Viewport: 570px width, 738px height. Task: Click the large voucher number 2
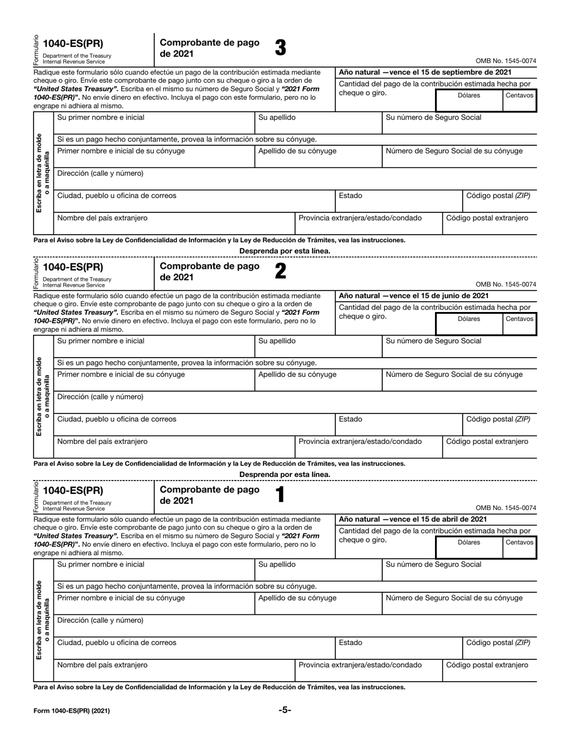(280, 272)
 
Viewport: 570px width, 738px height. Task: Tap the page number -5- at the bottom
(284, 710)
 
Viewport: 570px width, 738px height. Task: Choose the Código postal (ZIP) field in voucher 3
(498, 201)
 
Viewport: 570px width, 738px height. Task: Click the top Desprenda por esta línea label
(284, 251)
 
